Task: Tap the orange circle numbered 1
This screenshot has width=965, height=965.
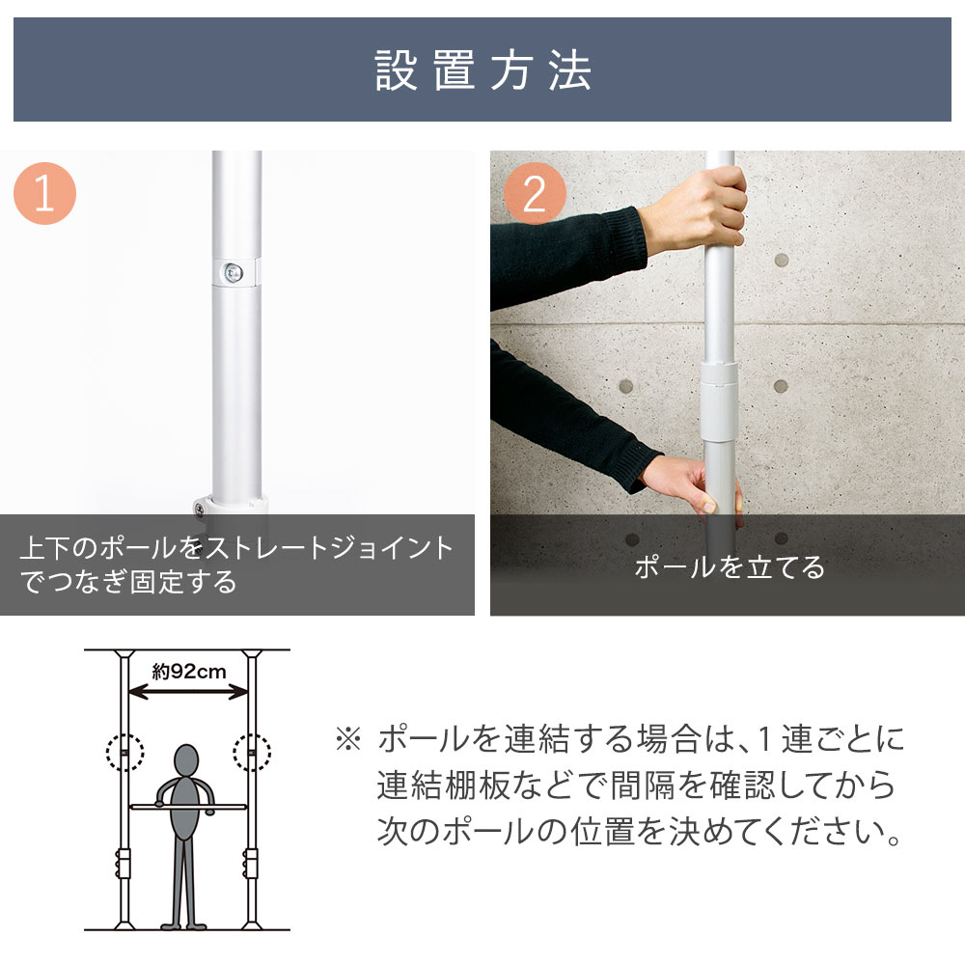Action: pos(44,194)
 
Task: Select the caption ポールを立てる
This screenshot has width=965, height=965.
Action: pos(729,566)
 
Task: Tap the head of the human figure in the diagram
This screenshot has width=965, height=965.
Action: pos(187,759)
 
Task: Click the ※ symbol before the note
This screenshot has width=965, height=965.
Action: pos(346,741)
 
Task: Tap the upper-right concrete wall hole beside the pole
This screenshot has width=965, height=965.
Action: pos(781,262)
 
